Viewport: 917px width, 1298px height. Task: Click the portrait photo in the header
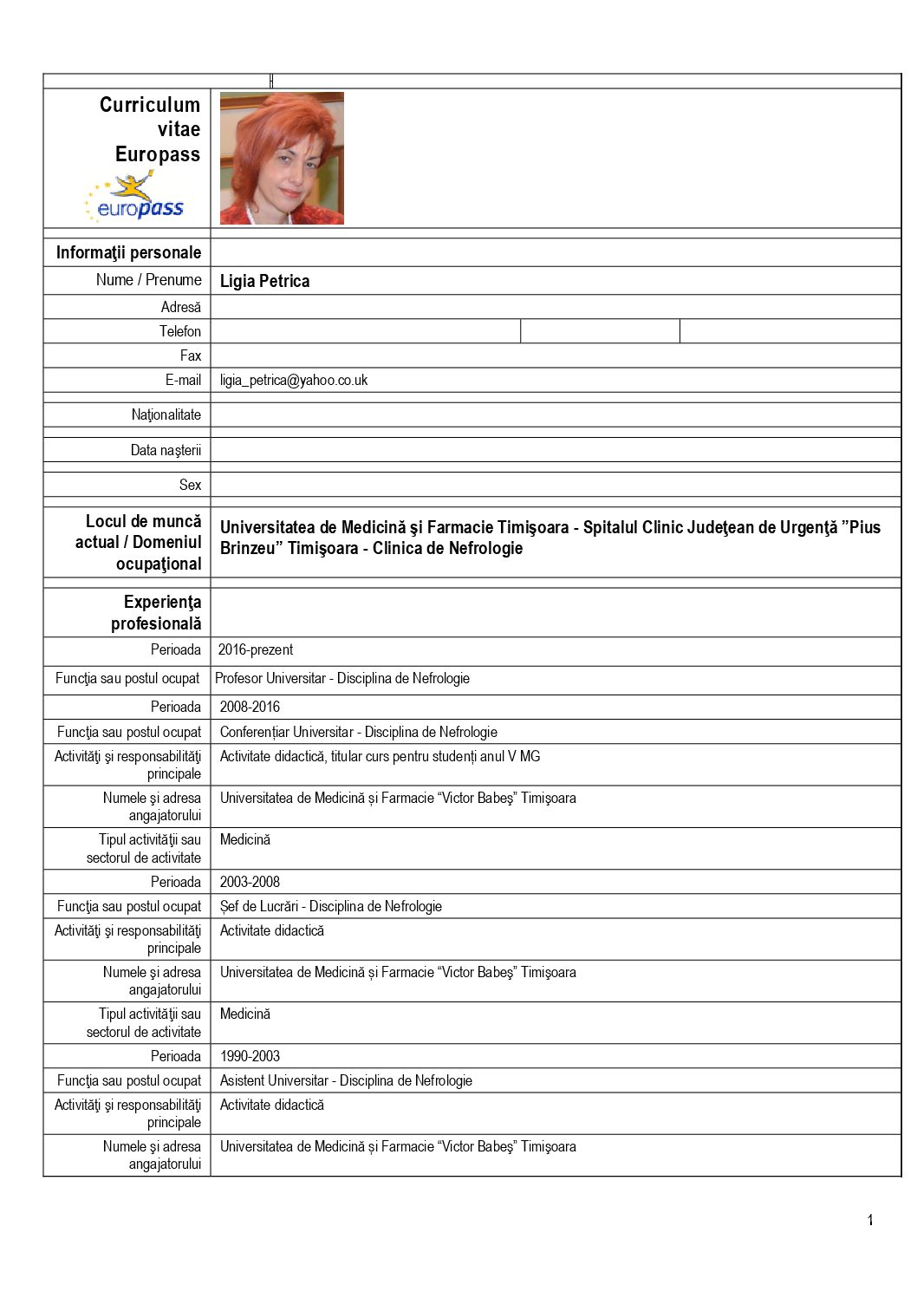[x=282, y=159]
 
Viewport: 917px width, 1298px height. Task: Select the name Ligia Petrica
[x=264, y=281]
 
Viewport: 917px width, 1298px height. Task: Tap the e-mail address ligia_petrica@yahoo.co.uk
[x=294, y=380]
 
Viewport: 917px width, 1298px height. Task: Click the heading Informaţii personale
[x=128, y=252]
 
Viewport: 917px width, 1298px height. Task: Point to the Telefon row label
[x=180, y=331]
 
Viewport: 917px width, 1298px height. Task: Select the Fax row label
[x=191, y=355]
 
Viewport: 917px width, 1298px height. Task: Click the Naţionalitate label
[x=166, y=414]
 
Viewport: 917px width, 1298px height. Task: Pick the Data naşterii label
[x=166, y=450]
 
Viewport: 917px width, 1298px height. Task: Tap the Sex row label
[x=190, y=485]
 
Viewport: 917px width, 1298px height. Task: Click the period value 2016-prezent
[x=256, y=649]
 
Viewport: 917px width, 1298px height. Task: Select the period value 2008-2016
[x=250, y=707]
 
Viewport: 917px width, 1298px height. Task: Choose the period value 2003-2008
[x=250, y=882]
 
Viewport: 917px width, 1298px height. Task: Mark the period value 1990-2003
[x=250, y=1056]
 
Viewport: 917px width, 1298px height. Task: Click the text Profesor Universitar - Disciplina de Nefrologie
[x=342, y=678]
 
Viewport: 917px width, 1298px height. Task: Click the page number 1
[x=870, y=1220]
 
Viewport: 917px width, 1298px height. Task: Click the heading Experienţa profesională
[x=156, y=612]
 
